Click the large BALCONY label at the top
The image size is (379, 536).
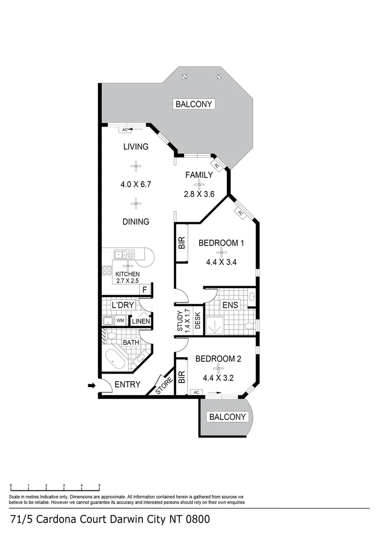click(194, 104)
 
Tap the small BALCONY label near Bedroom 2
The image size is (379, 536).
click(227, 417)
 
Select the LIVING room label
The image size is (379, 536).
click(135, 146)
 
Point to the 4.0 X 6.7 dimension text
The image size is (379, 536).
click(135, 184)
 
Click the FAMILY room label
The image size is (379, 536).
click(199, 175)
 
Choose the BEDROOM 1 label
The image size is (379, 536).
click(221, 243)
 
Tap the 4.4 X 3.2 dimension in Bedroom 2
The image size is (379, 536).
click(218, 378)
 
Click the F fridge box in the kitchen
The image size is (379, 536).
click(144, 290)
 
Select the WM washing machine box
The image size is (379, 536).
click(120, 321)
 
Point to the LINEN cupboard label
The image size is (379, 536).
click(141, 321)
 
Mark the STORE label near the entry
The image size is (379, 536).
click(164, 386)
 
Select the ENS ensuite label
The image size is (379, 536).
click(230, 305)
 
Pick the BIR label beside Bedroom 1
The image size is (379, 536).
click(182, 243)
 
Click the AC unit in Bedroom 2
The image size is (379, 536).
click(196, 393)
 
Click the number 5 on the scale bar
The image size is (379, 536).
click(99, 485)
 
